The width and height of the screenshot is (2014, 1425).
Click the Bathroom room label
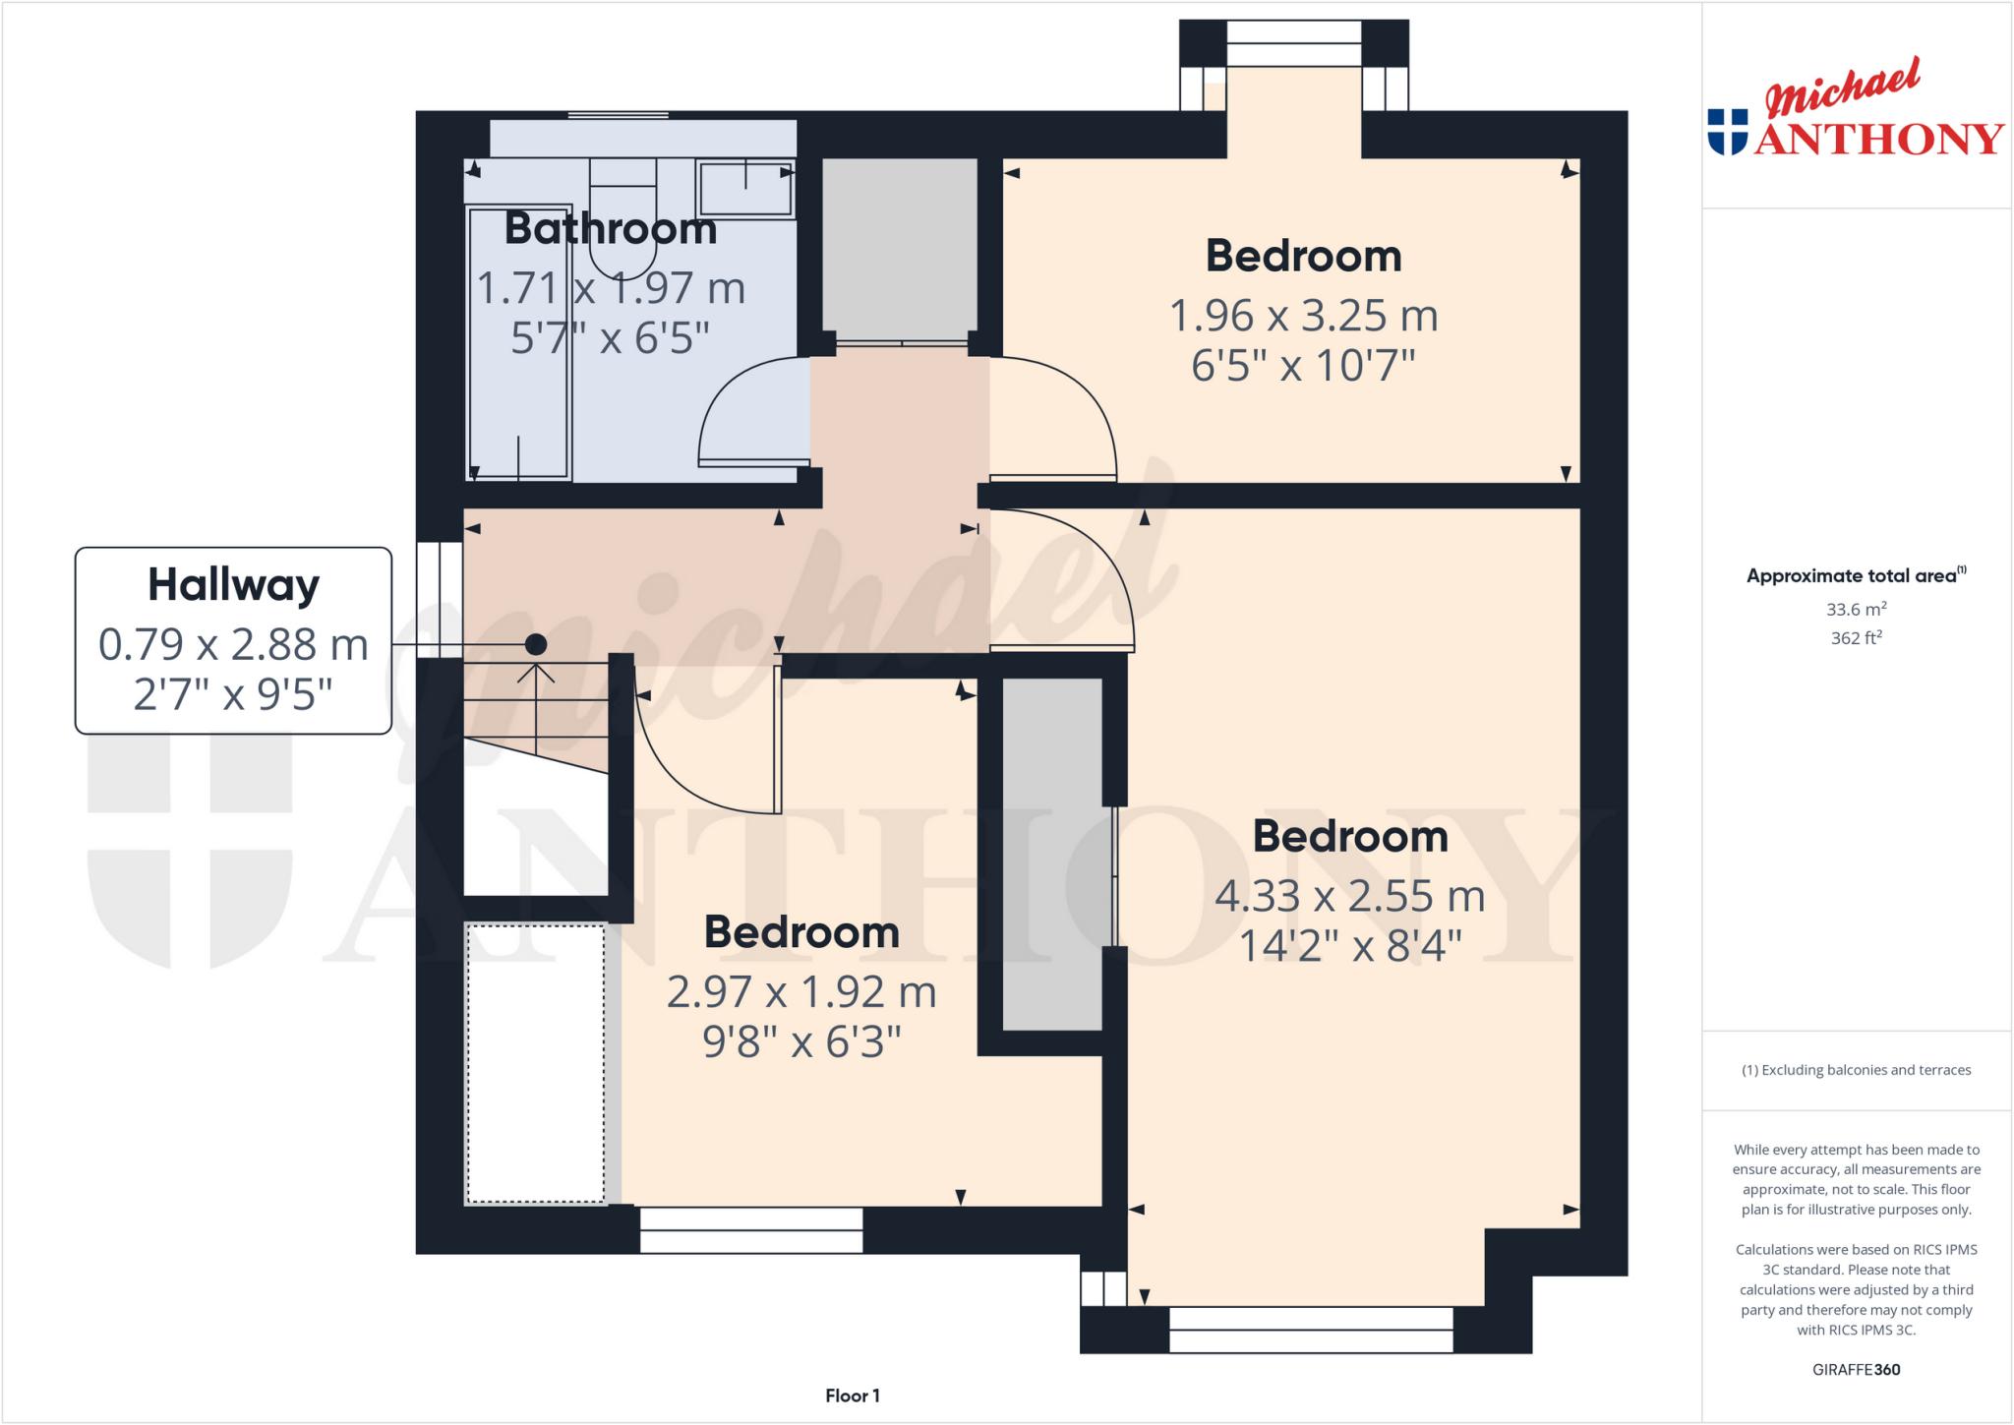click(610, 229)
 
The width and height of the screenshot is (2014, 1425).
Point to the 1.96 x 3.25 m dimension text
click(1303, 316)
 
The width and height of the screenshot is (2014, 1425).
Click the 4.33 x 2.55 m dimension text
click(1349, 896)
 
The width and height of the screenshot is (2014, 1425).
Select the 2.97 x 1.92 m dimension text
click(800, 992)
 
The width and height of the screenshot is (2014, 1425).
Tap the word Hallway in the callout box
click(233, 585)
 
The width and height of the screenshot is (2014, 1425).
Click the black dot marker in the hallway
click(536, 644)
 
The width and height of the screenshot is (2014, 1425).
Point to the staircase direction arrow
click(536, 675)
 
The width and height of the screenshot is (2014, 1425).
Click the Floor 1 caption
click(852, 1395)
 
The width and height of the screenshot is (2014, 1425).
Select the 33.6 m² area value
click(1856, 610)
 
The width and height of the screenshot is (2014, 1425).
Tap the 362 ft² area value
click(1856, 638)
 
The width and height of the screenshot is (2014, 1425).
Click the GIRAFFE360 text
click(1856, 1369)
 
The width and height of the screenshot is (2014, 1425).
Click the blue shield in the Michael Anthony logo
click(1728, 132)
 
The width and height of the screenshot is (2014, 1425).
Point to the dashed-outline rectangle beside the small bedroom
click(535, 1063)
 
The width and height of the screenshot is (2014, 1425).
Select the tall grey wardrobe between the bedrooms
click(1052, 854)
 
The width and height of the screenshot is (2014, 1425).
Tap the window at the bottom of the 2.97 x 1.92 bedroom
click(751, 1229)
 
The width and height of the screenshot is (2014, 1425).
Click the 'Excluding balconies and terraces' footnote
click(1856, 1070)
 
